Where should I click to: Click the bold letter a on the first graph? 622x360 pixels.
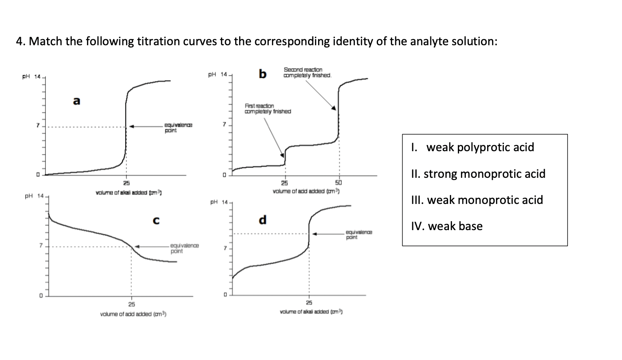77,101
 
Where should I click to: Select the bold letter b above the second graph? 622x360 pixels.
263,74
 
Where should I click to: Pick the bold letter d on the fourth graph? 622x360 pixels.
263,219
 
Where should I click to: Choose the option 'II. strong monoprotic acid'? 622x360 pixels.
484,174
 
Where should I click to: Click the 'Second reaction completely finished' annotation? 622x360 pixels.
307,73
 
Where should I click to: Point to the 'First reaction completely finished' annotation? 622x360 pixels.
268,109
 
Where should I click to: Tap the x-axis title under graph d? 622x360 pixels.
312,312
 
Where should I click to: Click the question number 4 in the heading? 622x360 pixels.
19,42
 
